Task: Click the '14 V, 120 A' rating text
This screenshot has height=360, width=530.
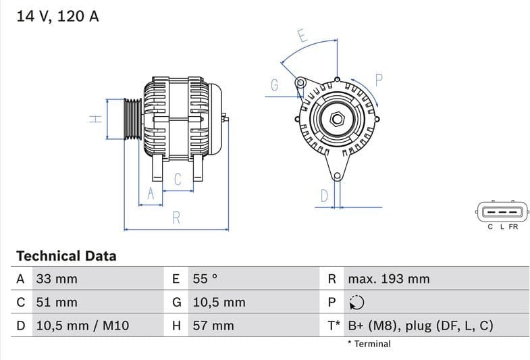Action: click(x=57, y=16)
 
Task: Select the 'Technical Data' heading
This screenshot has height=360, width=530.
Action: click(x=66, y=256)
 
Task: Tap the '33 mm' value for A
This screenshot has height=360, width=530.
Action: click(x=57, y=279)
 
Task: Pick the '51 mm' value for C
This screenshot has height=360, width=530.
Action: click(x=57, y=303)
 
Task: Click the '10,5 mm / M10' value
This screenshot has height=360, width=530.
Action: click(x=82, y=326)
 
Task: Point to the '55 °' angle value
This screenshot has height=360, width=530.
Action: click(x=205, y=279)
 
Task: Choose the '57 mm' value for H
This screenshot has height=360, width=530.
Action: click(x=213, y=326)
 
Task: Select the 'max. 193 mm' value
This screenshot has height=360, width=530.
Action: click(x=388, y=279)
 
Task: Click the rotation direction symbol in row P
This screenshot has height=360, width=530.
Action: click(x=356, y=303)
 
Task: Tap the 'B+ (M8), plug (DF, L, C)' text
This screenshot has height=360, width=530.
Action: click(x=420, y=326)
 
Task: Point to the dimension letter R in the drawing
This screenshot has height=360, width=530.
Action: click(x=176, y=217)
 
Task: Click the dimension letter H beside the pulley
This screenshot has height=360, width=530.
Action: click(x=96, y=119)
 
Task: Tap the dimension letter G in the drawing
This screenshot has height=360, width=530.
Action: click(x=274, y=85)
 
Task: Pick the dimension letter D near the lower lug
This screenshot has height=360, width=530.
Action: click(x=324, y=196)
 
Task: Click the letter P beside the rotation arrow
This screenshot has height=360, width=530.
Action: click(x=379, y=80)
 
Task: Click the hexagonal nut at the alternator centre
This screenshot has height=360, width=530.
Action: click(x=336, y=120)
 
